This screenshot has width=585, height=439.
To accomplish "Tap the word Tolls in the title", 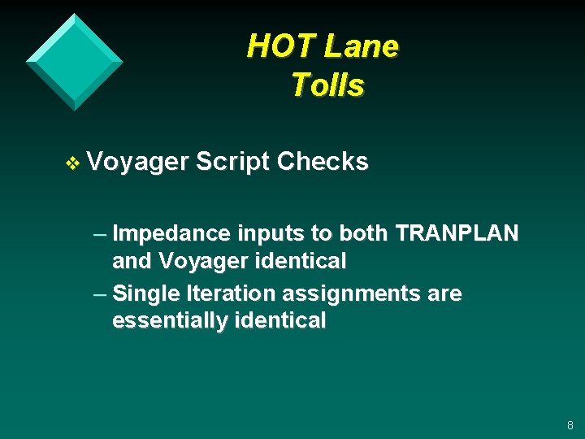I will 327,85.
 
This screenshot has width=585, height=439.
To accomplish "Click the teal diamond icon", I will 75,62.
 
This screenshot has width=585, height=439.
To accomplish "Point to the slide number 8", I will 570,425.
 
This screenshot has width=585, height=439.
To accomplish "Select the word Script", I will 232,163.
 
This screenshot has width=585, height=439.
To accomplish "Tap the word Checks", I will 322,162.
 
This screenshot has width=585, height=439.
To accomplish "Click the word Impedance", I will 171,234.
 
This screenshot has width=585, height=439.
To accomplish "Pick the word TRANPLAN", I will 457,233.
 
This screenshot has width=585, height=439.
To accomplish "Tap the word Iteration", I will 229,293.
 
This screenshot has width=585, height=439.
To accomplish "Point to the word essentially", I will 169,321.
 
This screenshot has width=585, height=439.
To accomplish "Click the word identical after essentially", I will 279,320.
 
